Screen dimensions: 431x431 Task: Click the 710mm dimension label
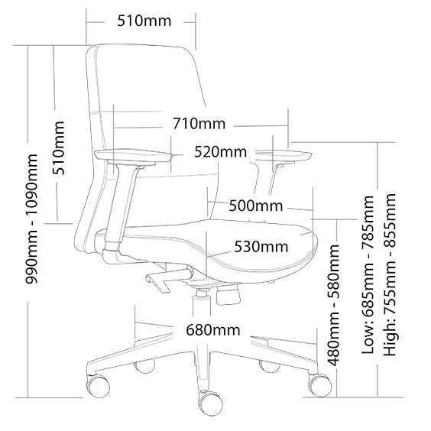coord(199,124)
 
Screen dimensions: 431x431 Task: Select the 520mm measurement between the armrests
coord(220,152)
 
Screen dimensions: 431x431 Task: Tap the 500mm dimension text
coord(256,206)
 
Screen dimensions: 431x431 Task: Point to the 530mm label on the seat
coord(261,247)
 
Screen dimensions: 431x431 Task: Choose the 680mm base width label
coord(213,330)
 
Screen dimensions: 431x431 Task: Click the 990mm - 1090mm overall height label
coord(31,219)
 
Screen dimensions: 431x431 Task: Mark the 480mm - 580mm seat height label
coord(334,305)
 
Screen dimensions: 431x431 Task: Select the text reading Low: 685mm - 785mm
coord(368,274)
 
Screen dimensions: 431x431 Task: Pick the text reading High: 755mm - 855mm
coord(390,274)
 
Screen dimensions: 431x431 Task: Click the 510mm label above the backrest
coord(144,21)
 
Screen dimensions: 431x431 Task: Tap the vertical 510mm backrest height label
coord(59,148)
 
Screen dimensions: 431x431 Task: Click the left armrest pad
coord(134,157)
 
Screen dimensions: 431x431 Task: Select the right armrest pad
coord(284,156)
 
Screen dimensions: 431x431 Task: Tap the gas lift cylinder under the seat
coord(203,303)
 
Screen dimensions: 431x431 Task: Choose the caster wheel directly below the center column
coord(211,403)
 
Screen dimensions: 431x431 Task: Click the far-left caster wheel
coord(98,385)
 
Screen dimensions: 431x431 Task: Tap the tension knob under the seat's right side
coord(228,295)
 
